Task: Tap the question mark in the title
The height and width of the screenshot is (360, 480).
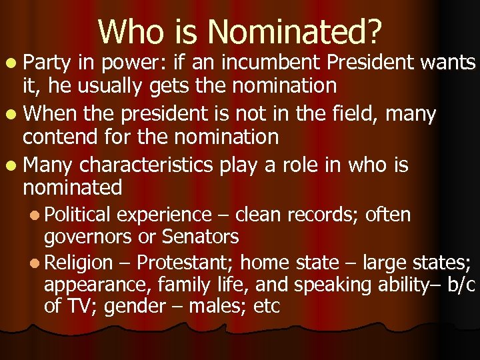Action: [374, 31]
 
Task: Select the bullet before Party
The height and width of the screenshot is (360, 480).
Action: [15, 64]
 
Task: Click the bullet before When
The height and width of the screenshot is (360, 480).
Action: [15, 115]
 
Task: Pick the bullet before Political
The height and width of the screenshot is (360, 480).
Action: [36, 215]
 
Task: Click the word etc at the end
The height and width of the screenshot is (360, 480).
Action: [267, 306]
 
